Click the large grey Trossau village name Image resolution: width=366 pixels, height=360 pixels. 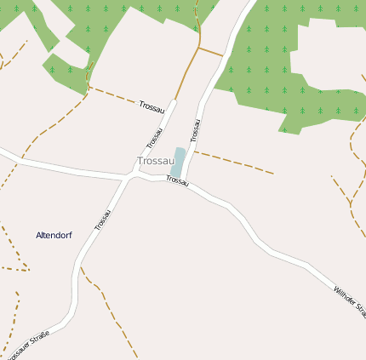coord(155,161)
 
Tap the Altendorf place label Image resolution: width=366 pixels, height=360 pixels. coord(54,234)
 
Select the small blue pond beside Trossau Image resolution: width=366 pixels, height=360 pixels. coord(178,162)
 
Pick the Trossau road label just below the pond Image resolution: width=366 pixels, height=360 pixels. coord(176,180)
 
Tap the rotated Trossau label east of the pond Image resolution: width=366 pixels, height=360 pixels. coord(195,129)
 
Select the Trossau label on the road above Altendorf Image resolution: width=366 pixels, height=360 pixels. coord(102,220)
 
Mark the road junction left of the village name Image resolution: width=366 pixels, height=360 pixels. coord(129,178)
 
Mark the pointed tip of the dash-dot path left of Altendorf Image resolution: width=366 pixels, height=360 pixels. coord(29,271)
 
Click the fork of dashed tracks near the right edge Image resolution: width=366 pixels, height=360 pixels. coord(351,204)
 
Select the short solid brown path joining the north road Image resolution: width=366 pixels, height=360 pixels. coord(210,52)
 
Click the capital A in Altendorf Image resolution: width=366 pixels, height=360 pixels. coord(39,234)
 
